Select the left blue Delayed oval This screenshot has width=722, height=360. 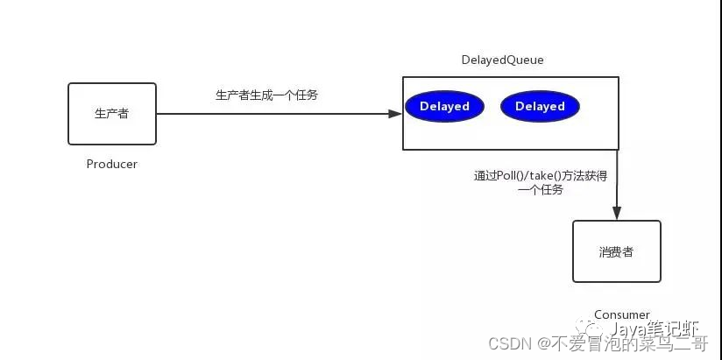444,107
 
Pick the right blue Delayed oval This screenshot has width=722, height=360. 540,107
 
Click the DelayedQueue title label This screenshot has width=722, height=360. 502,60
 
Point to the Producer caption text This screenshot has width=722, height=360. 112,164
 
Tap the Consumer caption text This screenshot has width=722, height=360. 621,314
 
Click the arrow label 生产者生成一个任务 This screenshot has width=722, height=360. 266,95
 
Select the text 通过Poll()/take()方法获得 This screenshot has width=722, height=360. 540,176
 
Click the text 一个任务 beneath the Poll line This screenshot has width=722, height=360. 541,190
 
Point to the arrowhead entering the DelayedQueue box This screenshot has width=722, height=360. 395,113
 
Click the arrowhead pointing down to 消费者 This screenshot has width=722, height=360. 617,213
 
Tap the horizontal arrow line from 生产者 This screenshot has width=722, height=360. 272,113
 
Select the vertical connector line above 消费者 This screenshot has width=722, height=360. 617,180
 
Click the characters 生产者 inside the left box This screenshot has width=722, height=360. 112,114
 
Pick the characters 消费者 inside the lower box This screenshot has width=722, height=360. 616,252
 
